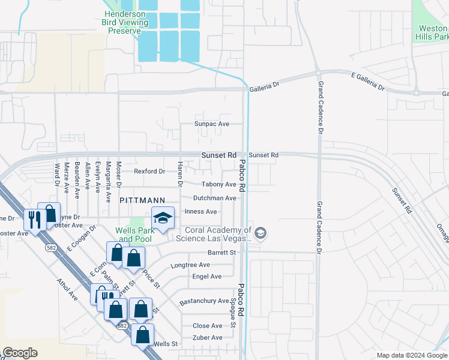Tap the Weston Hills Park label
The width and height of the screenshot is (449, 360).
pos(432,32)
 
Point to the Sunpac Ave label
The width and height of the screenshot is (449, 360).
pos(212,124)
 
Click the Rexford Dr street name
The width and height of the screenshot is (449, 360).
pos(149,172)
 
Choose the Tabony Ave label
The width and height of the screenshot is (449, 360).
pos(218,185)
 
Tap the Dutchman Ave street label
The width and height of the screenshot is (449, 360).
pos(214,198)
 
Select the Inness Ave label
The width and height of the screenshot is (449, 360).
pos(200,212)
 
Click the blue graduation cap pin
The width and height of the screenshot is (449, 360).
pos(162,219)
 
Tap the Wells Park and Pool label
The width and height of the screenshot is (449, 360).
pos(133,235)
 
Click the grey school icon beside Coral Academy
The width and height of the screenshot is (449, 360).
pos(260,233)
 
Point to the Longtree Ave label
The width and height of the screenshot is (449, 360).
pos(190,265)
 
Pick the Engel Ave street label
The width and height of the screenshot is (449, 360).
pos(207,277)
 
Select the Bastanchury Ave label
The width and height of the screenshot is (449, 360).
pos(205,301)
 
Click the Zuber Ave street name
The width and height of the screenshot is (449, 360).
pos(207,338)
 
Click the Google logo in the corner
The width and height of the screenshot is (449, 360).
pos(20,353)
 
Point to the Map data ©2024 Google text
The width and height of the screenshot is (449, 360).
pos(411,355)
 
